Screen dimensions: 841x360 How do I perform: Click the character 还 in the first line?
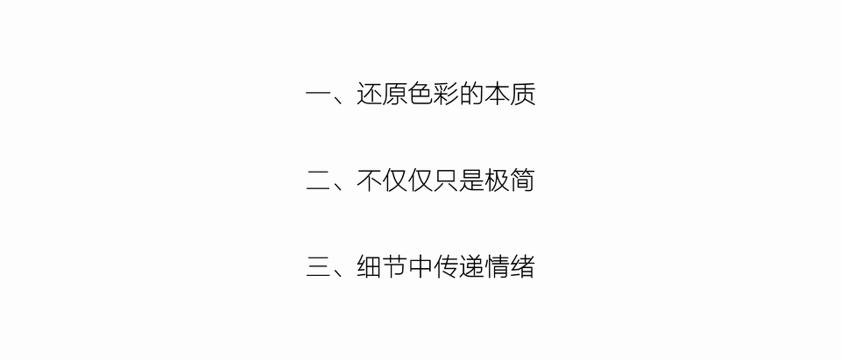tap(369, 95)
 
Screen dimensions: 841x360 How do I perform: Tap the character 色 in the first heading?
tap(420, 95)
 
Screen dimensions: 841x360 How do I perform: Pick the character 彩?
tap(446, 95)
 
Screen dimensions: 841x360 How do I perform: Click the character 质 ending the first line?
tap(524, 95)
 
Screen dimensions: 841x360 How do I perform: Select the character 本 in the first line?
tap(498, 95)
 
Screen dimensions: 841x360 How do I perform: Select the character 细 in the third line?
tap(369, 267)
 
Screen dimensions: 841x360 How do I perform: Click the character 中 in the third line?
tap(420, 267)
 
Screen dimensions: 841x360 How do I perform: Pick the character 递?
tap(471, 267)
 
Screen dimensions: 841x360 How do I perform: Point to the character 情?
tap(498, 267)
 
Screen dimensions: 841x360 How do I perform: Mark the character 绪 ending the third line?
tap(524, 267)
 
